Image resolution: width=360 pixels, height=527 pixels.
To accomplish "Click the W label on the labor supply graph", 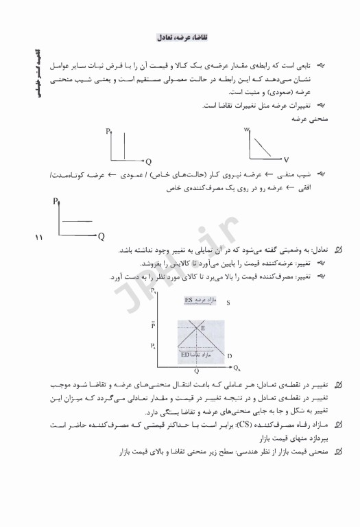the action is click(245, 130).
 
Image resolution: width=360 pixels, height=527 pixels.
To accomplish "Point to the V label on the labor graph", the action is click(286, 159).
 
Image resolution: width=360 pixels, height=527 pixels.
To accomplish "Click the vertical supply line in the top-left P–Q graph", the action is click(124, 144).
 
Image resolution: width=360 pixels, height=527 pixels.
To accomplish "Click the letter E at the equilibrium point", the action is click(202, 328).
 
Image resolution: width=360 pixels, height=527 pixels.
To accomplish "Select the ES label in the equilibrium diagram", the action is click(189, 300).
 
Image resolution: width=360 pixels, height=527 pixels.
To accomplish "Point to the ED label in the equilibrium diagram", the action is click(185, 355).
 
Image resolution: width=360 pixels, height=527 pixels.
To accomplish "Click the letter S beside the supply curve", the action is click(228, 301).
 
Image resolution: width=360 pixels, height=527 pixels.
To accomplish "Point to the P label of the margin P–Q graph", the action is click(54, 201).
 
